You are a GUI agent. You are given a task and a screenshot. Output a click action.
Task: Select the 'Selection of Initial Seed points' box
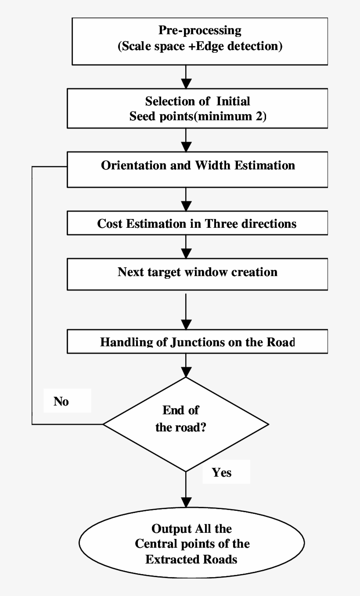[197, 108]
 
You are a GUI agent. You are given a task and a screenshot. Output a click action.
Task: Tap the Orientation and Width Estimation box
[197, 169]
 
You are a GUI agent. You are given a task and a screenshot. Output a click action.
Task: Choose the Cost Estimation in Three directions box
[197, 223]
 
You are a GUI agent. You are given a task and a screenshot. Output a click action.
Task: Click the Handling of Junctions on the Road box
[197, 342]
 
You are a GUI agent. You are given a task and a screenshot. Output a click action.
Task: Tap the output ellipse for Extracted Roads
[191, 544]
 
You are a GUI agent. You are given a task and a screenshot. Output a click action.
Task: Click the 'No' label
[61, 402]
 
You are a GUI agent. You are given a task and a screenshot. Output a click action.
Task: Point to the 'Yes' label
[222, 473]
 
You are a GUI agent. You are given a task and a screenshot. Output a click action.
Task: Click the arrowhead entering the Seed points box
[187, 83]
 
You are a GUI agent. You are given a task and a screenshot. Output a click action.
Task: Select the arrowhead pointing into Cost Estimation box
[187, 207]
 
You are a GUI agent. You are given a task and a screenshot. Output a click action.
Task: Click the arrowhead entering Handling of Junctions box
[187, 325]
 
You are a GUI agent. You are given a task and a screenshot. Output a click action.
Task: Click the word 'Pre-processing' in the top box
[200, 31]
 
